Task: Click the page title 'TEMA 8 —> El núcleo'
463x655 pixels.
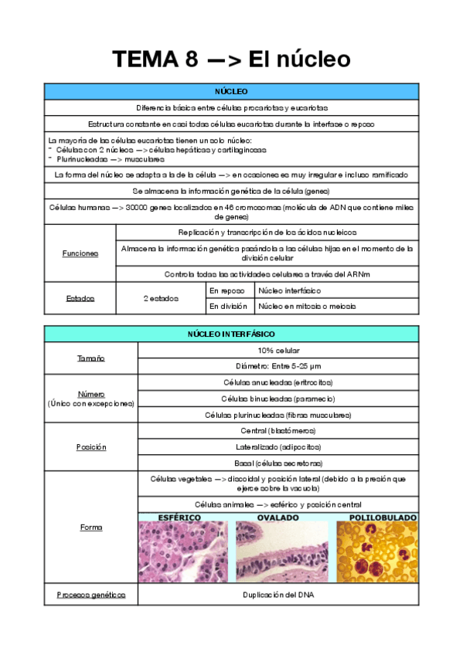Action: point(231,59)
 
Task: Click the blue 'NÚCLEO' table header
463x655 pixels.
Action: point(231,91)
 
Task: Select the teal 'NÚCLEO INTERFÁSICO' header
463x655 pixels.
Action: point(231,334)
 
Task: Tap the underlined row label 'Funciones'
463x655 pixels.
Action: point(80,253)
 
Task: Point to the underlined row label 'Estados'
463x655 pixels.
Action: point(80,298)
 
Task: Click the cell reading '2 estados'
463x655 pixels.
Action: point(161,298)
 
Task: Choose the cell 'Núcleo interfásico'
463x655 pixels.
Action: point(290,290)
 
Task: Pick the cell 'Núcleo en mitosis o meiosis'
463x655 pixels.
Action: point(307,306)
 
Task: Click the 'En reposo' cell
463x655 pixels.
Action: point(229,290)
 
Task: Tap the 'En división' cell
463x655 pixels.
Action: point(229,306)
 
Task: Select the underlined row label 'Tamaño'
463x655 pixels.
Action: point(91,358)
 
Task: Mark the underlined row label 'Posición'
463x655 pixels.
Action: point(91,446)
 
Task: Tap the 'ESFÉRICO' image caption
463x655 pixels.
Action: point(180,517)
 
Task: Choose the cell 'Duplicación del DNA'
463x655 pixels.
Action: point(278,596)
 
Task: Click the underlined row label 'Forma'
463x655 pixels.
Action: point(91,528)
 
